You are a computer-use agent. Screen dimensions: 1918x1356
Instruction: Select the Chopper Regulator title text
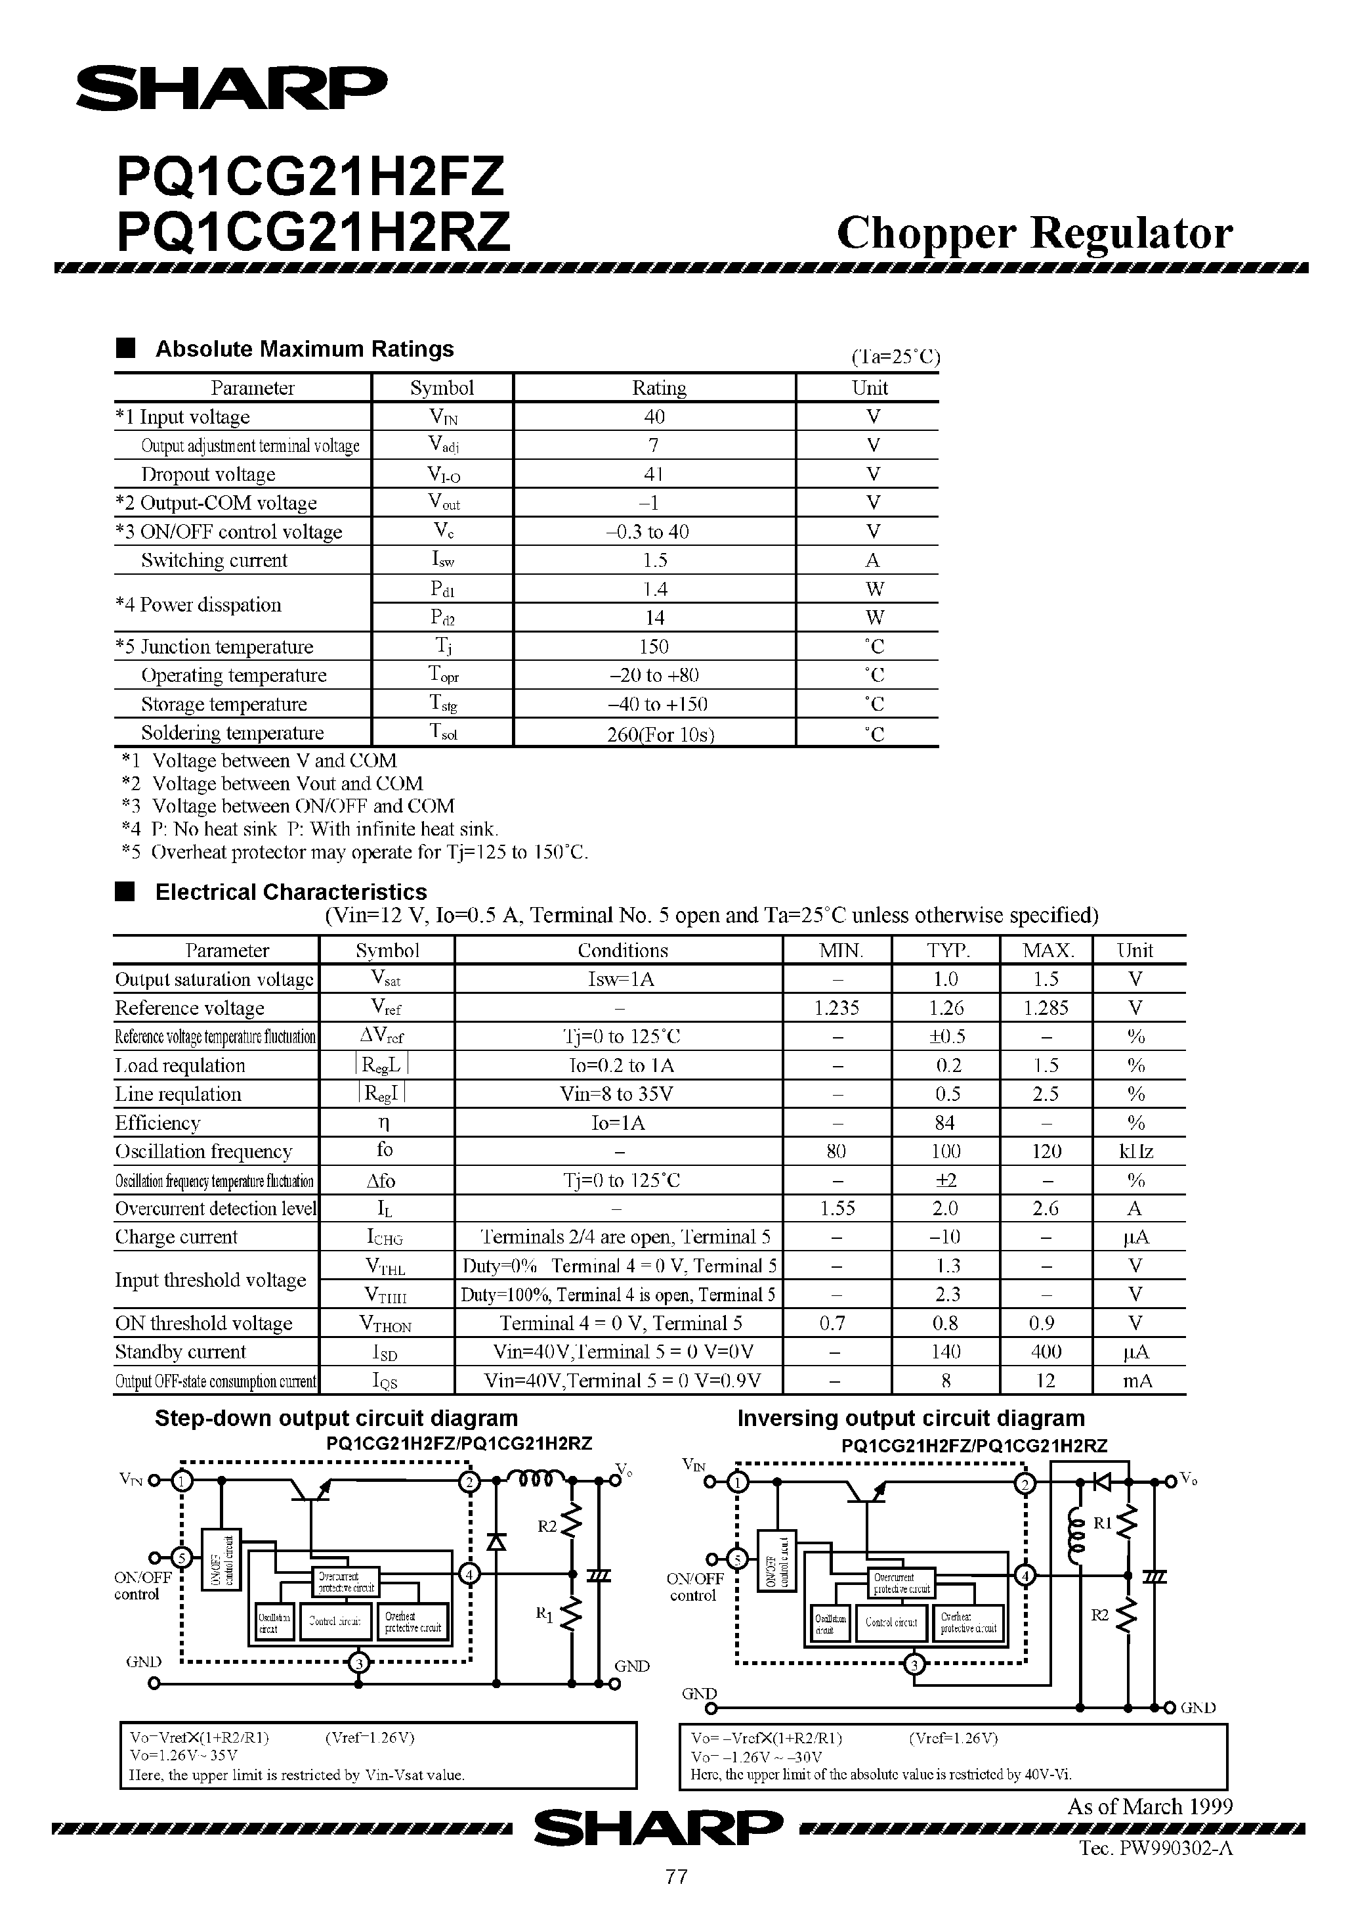[1034, 233]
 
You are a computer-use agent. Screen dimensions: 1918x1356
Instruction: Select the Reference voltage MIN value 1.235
[837, 1008]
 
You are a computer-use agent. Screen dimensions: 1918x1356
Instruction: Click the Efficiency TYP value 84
[945, 1123]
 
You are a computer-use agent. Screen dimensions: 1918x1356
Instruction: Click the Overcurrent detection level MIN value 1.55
[837, 1209]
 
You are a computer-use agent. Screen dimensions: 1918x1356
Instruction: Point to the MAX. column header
[1047, 950]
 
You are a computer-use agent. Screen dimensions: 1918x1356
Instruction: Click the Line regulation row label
[178, 1094]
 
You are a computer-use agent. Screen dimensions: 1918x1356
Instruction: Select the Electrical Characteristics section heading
[291, 892]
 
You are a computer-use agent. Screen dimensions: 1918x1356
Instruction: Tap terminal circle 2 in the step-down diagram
[469, 1482]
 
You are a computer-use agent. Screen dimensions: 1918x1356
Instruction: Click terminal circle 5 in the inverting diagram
[736, 1558]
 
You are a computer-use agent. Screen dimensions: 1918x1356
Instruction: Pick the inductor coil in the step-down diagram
[536, 1479]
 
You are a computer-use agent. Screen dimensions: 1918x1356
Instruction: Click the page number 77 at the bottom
[676, 1876]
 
